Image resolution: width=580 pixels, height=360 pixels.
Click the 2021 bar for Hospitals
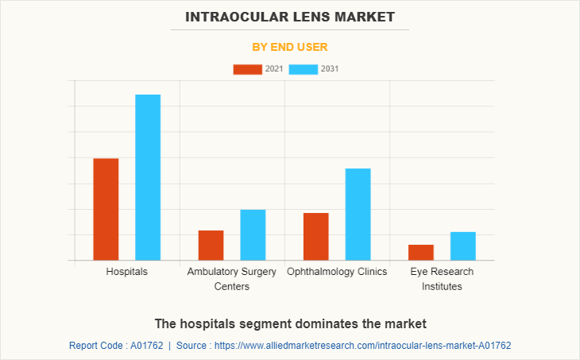[106, 209]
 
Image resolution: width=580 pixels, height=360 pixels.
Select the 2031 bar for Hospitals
[148, 177]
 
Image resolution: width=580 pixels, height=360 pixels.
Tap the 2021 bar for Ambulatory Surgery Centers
[211, 245]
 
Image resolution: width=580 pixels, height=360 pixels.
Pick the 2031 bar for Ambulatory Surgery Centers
[253, 234]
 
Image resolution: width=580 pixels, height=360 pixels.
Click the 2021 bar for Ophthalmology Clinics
[315, 236]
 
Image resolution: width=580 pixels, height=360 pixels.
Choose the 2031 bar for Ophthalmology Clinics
[358, 214]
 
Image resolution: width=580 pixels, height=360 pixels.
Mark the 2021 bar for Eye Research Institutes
[421, 252]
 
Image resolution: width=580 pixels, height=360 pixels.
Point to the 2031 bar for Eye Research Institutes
[462, 246]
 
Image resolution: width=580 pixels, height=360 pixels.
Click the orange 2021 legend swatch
[247, 69]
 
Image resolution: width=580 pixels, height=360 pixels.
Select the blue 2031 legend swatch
[304, 69]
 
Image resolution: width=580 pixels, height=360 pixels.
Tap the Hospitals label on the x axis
[126, 272]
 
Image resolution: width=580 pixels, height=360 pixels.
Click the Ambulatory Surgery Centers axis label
[232, 279]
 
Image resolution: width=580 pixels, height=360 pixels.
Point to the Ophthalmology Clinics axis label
[337, 272]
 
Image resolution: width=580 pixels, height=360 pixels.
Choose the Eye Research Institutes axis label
[442, 279]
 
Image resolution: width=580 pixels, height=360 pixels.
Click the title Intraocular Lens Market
[289, 17]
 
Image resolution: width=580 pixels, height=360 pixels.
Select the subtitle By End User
[289, 47]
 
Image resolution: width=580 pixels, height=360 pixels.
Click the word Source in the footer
[192, 346]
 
